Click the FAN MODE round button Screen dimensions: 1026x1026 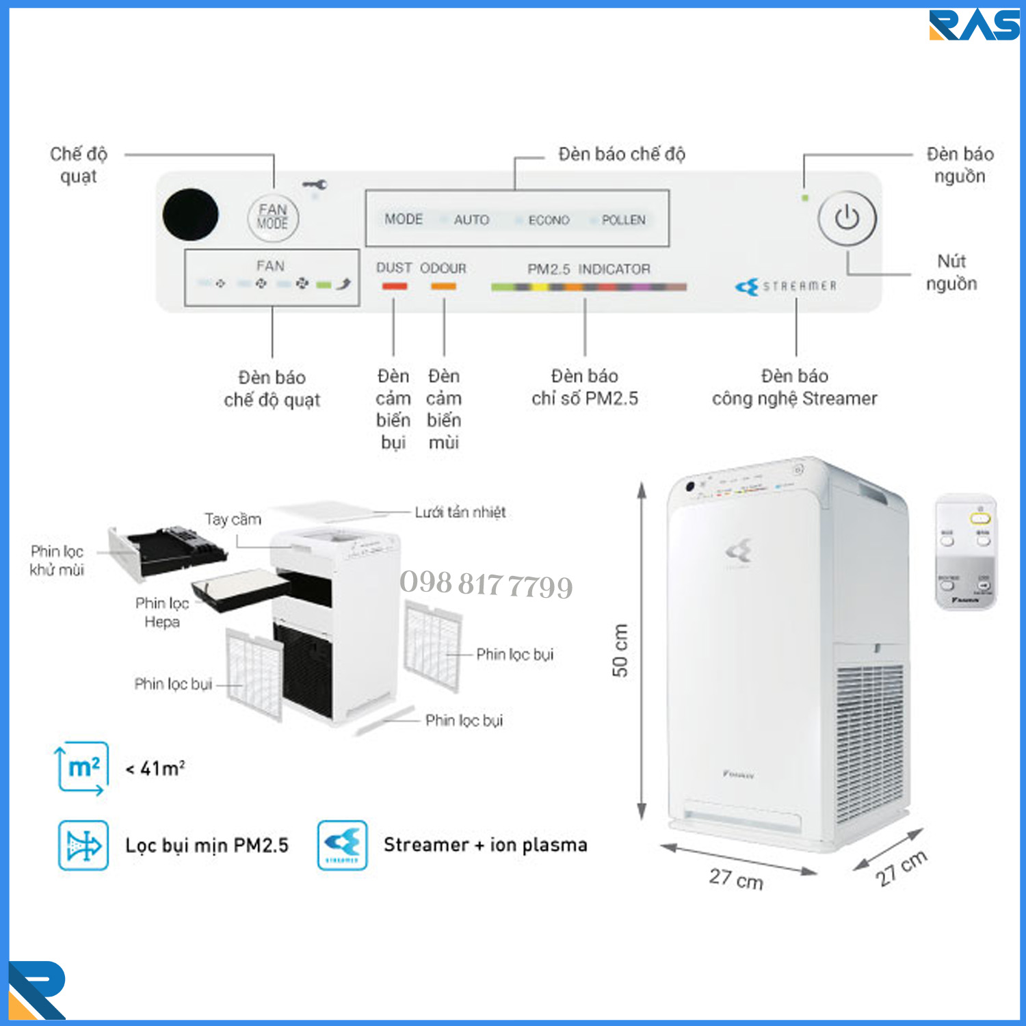pos(273,218)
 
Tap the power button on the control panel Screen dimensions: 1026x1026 pos(847,218)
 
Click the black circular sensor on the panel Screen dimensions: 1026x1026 pos(191,215)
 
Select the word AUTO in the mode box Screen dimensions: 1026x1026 pos(471,220)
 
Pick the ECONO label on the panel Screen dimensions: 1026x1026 pos(549,220)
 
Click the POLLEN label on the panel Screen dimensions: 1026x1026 pos(623,220)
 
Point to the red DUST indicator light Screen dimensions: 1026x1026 pos(395,286)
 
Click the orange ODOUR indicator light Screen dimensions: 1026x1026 pos(443,286)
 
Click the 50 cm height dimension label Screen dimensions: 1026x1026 pos(620,650)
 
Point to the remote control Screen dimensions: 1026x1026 pos(965,551)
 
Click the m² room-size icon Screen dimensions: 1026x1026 pos(82,768)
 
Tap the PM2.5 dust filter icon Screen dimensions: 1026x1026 pos(83,845)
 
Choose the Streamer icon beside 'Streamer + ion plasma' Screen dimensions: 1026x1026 pos(342,845)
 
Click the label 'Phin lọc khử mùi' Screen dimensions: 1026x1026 pos(57,560)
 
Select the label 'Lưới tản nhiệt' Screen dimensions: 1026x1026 pos(460,512)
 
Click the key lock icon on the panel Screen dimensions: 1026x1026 pos(315,185)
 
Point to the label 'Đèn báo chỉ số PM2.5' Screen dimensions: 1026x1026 pos(585,387)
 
